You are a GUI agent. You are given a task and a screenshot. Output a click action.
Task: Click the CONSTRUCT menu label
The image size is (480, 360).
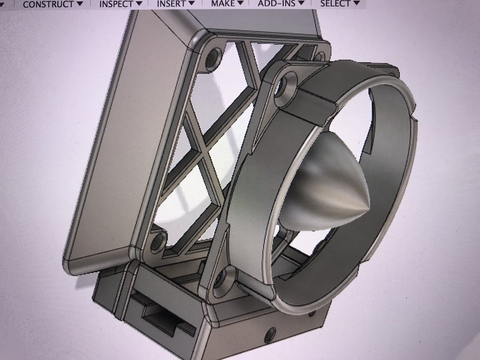click(48, 4)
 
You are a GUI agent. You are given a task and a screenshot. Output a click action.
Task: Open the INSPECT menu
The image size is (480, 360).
click(116, 4)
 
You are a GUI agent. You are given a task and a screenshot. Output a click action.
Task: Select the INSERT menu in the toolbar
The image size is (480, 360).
click(171, 4)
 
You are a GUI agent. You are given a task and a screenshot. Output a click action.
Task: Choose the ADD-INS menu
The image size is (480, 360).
click(276, 4)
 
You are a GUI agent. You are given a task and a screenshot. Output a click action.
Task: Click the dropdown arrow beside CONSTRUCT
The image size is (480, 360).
click(80, 4)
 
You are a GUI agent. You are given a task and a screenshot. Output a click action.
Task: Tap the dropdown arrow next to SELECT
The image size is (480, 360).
click(356, 3)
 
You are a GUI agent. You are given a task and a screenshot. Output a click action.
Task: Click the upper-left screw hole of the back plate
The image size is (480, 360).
click(212, 57)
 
